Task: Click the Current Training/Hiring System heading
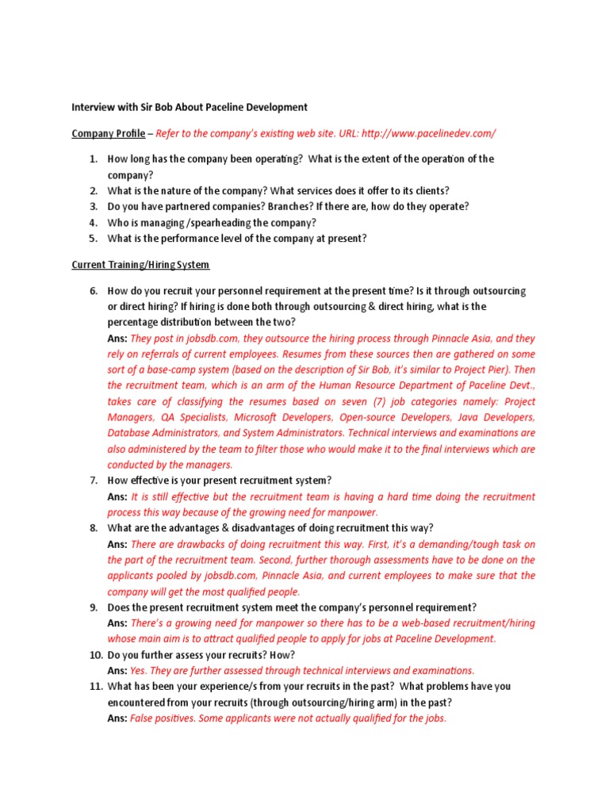point(140,264)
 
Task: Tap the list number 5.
point(92,238)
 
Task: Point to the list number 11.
point(92,687)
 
